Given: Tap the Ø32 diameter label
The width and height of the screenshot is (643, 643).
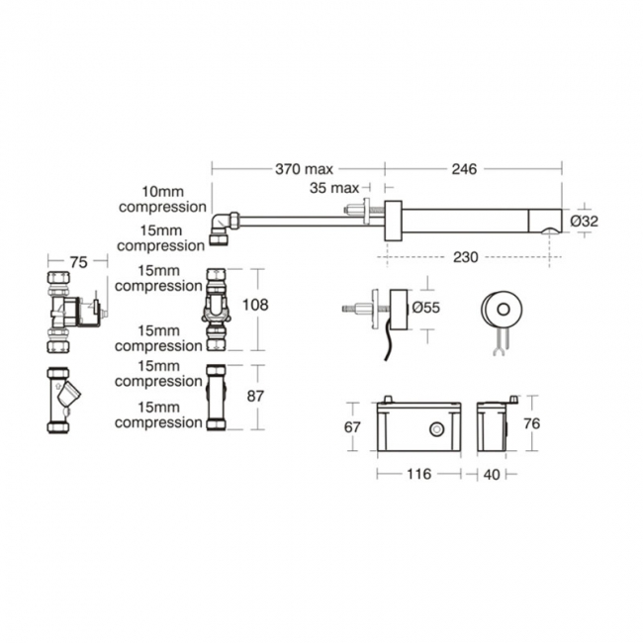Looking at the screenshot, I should [x=585, y=222].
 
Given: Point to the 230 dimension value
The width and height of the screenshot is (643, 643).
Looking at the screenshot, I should [x=465, y=257].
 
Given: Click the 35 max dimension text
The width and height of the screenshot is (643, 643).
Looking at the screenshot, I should [x=333, y=187].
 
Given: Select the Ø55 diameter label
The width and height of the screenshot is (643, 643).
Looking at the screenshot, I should [x=425, y=308].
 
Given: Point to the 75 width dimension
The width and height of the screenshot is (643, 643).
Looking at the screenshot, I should [x=74, y=263].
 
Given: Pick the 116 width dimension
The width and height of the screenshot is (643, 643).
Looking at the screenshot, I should [x=418, y=474].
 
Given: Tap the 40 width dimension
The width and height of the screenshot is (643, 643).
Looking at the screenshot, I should [x=492, y=474].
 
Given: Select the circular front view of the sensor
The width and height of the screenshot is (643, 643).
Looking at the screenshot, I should [x=500, y=310].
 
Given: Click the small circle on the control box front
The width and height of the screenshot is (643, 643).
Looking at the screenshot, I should [x=435, y=429].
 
